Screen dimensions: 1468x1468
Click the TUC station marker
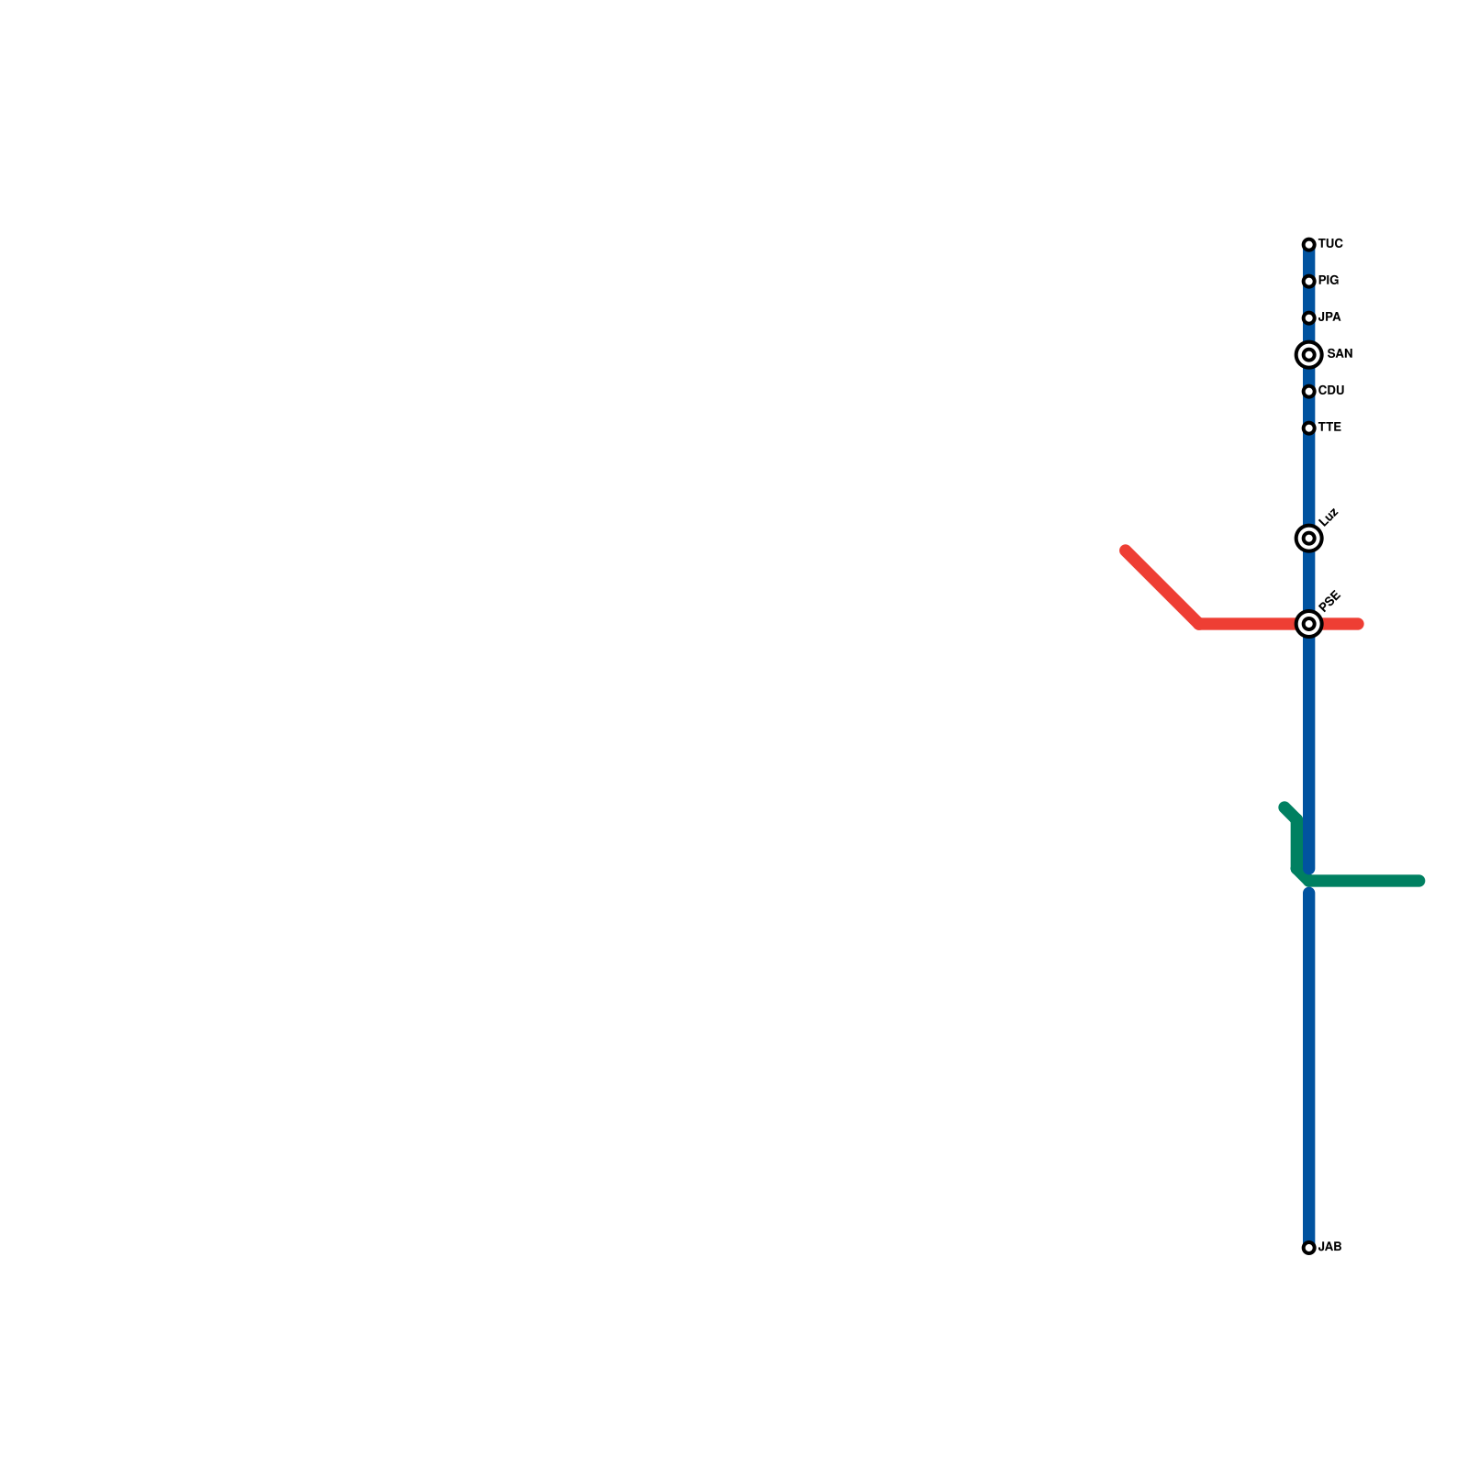click(x=1308, y=244)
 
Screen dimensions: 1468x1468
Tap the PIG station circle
click(x=1308, y=281)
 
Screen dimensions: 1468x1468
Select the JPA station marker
click(x=1308, y=317)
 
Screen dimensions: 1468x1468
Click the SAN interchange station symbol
click(x=1308, y=354)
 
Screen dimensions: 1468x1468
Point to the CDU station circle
click(x=1308, y=392)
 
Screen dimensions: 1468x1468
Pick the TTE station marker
click(x=1308, y=428)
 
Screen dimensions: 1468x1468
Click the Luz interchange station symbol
click(x=1308, y=538)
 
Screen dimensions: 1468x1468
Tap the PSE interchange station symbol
click(x=1308, y=624)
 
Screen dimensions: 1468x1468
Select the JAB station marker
click(x=1308, y=1248)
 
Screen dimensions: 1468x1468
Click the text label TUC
click(x=1330, y=244)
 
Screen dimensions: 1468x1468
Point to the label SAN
click(x=1340, y=354)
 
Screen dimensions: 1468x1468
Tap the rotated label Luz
click(x=1329, y=517)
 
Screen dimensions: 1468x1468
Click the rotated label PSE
click(x=1329, y=601)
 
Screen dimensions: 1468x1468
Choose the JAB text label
click(x=1330, y=1248)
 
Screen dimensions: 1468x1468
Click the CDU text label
click(x=1330, y=391)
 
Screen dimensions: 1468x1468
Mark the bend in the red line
click(x=1199, y=624)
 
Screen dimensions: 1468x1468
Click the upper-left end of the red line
click(x=1126, y=550)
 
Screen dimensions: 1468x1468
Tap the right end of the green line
click(x=1419, y=881)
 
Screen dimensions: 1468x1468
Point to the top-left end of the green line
click(x=1284, y=807)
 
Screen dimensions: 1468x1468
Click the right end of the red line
click(x=1359, y=624)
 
